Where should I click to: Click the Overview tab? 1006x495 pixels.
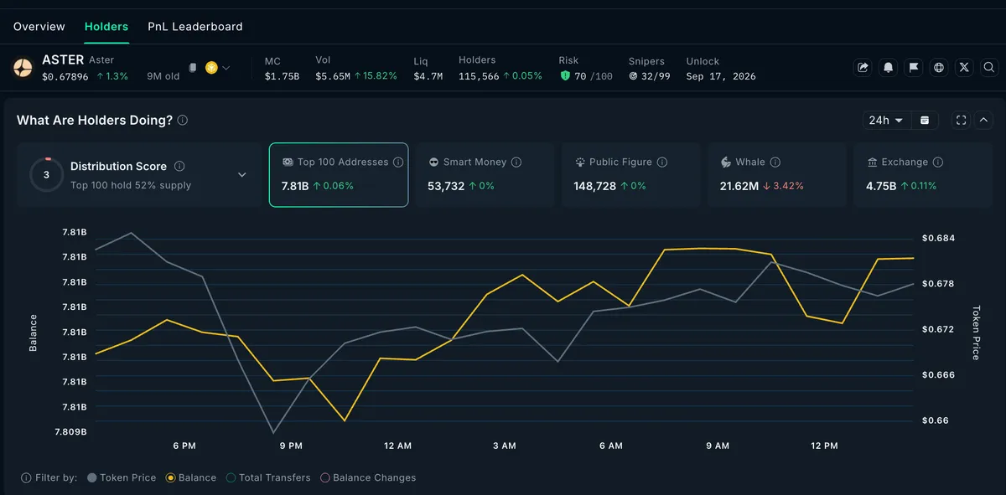point(39,27)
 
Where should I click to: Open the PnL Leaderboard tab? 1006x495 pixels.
point(194,27)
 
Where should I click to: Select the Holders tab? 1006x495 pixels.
point(106,27)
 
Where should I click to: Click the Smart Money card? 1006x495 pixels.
point(485,174)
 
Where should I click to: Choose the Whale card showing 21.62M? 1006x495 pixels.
point(776,174)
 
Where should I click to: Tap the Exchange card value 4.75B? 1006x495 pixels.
point(881,186)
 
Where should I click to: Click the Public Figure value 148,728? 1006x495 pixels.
point(594,186)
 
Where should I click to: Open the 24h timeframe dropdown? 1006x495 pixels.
point(885,121)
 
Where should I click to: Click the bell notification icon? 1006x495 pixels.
point(888,67)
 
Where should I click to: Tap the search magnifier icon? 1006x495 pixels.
point(988,67)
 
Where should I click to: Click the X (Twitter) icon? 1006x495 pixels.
point(964,67)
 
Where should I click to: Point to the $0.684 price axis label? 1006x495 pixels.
point(938,238)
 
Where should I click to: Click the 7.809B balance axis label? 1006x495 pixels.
point(70,431)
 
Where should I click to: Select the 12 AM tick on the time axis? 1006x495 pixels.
point(397,446)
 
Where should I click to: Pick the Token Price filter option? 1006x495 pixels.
point(122,477)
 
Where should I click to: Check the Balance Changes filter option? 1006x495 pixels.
point(368,477)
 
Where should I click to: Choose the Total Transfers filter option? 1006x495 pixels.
point(268,477)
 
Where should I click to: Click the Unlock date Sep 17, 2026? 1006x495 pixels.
point(721,76)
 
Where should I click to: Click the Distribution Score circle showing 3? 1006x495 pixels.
point(46,174)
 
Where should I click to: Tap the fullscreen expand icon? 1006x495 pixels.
point(961,121)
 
